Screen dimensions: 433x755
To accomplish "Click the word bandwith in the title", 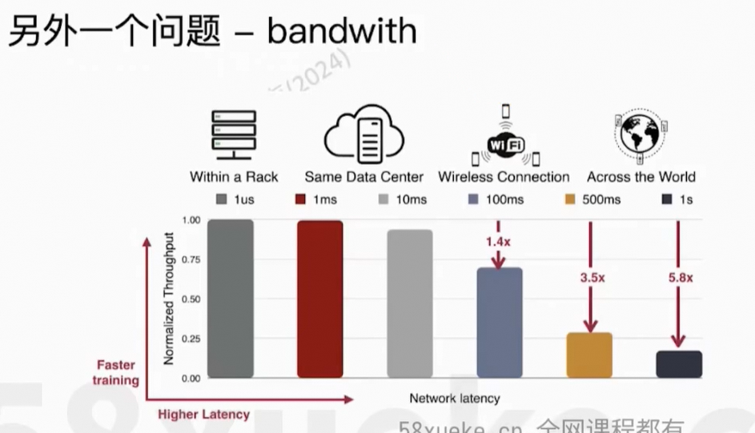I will point(341,32).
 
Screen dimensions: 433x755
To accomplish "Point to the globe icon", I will point(641,135).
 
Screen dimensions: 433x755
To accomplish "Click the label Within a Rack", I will point(234,177).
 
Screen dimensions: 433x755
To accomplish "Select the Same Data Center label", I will point(363,177).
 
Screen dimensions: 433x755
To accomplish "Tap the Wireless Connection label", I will point(504,177).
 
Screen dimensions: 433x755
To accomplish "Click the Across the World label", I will point(641,177).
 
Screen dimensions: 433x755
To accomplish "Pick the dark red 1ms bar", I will point(319,299).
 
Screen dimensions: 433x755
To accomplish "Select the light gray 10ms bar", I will point(409,303).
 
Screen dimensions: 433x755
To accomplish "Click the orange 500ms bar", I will point(588,355).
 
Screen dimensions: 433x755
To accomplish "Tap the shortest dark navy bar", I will point(679,364).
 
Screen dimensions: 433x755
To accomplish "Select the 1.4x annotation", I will point(498,240).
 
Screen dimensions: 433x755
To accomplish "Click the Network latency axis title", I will point(454,398).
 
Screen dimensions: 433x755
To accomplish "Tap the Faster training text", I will point(116,373).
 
